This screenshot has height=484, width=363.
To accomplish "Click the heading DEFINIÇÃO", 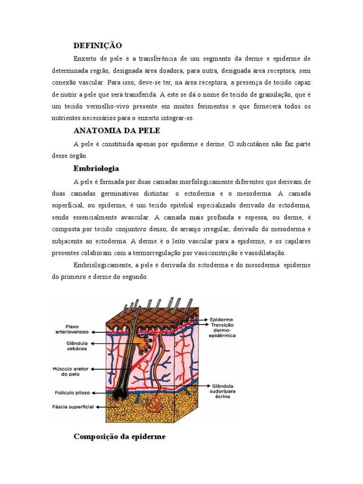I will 98,45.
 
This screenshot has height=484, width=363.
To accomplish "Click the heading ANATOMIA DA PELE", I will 117,130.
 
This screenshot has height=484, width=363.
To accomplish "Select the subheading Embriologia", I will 96,168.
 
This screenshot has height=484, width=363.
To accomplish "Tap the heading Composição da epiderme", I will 120,436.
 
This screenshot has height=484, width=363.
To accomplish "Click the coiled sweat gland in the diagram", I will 154,404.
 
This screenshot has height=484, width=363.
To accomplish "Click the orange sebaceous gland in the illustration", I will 140,340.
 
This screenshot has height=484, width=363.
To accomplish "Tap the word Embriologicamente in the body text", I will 102,265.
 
